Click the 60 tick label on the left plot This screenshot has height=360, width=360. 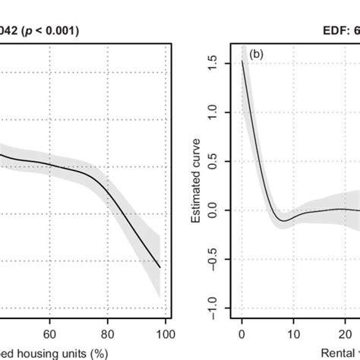point(49,332)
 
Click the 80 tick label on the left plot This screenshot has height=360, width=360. point(108,332)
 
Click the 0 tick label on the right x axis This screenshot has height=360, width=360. point(242,332)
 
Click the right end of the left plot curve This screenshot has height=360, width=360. point(160,267)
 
